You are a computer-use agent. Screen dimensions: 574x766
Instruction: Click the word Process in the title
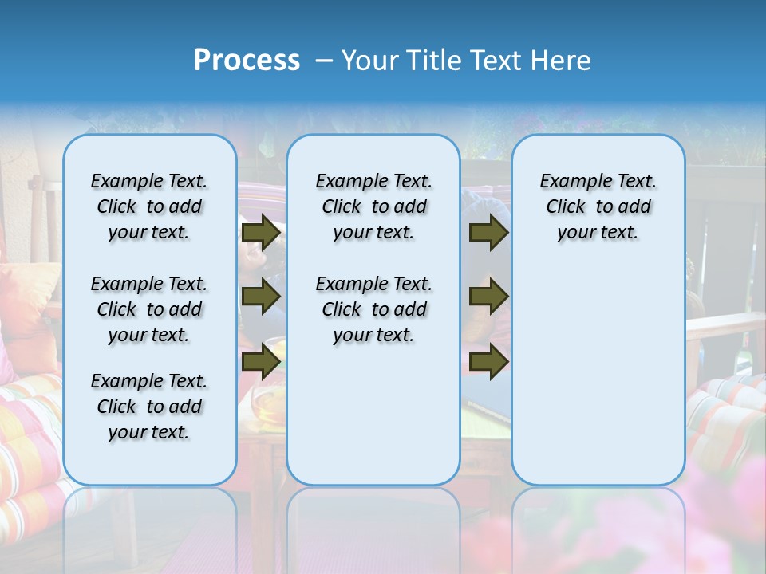click(247, 61)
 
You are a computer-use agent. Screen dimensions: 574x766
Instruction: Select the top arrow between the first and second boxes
click(261, 232)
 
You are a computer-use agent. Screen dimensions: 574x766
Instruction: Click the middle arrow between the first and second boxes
click(261, 297)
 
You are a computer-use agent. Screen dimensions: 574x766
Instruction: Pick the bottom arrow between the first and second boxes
click(261, 361)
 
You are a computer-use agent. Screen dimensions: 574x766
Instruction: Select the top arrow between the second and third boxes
click(488, 232)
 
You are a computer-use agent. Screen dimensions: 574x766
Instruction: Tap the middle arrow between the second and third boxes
click(488, 297)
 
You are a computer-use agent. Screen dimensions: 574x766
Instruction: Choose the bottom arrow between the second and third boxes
click(488, 361)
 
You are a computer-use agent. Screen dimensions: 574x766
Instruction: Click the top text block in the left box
click(149, 206)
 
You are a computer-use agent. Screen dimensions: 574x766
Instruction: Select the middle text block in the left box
click(149, 309)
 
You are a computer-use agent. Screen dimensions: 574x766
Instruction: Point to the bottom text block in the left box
click(149, 407)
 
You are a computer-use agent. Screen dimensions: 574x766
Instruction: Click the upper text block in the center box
click(373, 206)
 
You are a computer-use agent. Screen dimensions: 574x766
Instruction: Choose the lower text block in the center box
click(373, 309)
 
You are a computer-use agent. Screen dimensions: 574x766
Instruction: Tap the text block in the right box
click(598, 206)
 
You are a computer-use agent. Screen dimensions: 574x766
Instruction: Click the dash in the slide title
click(324, 61)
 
